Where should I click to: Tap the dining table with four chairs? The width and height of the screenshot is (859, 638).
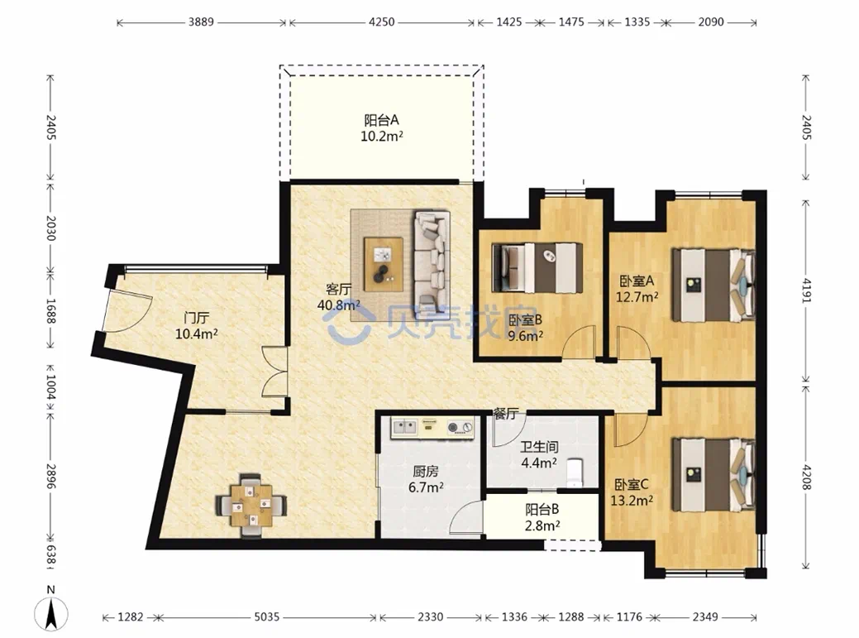click(x=251, y=505)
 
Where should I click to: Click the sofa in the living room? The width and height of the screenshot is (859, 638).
click(x=432, y=257)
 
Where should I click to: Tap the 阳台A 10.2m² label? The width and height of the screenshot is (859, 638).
click(x=382, y=128)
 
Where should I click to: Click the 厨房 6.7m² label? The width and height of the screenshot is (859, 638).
click(x=426, y=479)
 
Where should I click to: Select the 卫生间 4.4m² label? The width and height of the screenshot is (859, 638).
click(x=539, y=455)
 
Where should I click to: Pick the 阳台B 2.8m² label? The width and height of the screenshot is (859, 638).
click(x=542, y=518)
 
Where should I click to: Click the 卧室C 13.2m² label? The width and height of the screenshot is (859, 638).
click(x=632, y=492)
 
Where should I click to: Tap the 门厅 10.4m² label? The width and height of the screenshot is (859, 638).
click(x=197, y=325)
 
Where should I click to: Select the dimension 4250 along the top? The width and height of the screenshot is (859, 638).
click(x=381, y=22)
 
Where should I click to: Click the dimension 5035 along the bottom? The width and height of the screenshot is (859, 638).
click(x=266, y=617)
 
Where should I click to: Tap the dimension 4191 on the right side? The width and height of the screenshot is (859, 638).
click(x=806, y=290)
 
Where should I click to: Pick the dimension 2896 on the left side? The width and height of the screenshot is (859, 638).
click(x=50, y=477)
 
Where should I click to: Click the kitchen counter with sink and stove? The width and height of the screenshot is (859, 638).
click(x=432, y=428)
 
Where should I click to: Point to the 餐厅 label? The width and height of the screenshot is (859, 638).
click(x=504, y=414)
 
